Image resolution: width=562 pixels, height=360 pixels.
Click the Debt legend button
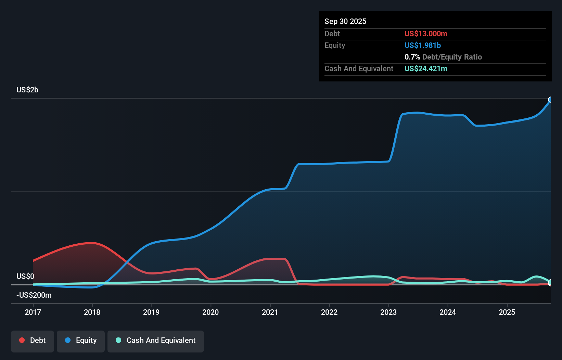point(33,341)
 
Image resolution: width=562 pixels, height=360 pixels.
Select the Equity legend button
point(81,341)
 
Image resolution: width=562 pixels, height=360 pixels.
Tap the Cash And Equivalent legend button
point(156,341)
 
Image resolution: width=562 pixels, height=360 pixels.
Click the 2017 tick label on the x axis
point(33,312)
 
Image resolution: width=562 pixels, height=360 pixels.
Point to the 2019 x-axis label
point(151,312)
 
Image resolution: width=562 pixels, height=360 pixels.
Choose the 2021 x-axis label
point(270,312)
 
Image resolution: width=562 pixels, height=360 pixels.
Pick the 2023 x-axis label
point(388,312)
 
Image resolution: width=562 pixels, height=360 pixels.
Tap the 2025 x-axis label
point(507,312)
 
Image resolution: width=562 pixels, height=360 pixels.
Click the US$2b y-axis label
point(27,90)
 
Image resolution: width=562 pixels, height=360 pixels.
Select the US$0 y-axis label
point(25,276)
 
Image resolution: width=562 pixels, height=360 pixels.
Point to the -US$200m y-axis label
point(34,295)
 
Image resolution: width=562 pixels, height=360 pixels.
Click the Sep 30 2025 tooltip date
point(345,21)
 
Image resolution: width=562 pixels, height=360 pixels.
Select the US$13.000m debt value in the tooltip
point(426,34)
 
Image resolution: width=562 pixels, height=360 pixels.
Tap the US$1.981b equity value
point(423,45)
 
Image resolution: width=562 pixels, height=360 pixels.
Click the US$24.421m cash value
point(426,68)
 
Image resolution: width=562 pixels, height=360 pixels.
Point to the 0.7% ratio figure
point(412,57)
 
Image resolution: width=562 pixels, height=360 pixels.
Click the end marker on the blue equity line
point(550,100)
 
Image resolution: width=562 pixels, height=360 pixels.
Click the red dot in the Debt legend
point(22,340)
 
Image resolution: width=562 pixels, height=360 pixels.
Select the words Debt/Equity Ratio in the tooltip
point(452,57)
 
